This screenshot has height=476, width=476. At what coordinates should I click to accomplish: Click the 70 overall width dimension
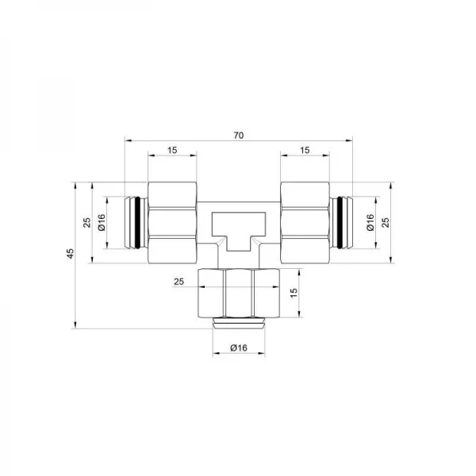tap(238, 135)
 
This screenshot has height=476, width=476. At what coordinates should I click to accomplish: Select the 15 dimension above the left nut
tap(172, 151)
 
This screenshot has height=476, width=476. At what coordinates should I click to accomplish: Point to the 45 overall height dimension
tap(71, 254)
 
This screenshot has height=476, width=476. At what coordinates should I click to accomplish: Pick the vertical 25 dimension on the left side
tap(88, 223)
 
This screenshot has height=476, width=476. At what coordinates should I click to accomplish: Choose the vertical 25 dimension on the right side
tap(386, 223)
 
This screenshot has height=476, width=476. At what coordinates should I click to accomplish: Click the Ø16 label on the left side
tap(102, 223)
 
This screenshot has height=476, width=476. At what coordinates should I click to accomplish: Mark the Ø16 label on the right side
tap(370, 223)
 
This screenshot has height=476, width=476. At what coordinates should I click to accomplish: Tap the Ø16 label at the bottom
tap(238, 348)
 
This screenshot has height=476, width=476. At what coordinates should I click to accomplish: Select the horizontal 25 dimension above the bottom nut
tap(178, 282)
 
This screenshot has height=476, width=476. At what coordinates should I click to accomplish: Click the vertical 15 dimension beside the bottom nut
tap(293, 293)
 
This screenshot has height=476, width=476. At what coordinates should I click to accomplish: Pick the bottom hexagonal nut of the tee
tap(238, 294)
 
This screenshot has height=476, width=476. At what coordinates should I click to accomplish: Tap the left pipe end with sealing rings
tap(135, 223)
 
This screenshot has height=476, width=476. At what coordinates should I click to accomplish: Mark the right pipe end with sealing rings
tap(341, 223)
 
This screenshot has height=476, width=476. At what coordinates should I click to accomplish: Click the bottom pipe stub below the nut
tap(238, 323)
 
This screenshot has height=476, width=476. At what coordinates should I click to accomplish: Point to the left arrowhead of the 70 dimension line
tap(127, 142)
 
